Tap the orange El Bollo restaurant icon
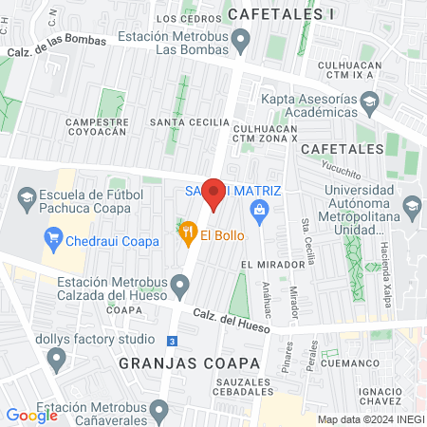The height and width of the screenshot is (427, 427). [x=188, y=230]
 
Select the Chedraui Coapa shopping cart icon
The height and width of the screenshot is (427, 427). [x=52, y=236]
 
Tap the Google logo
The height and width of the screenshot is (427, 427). [x=31, y=415]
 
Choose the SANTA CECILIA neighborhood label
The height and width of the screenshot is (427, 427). [x=196, y=122]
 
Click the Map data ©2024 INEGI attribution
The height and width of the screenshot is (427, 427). [x=369, y=418]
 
